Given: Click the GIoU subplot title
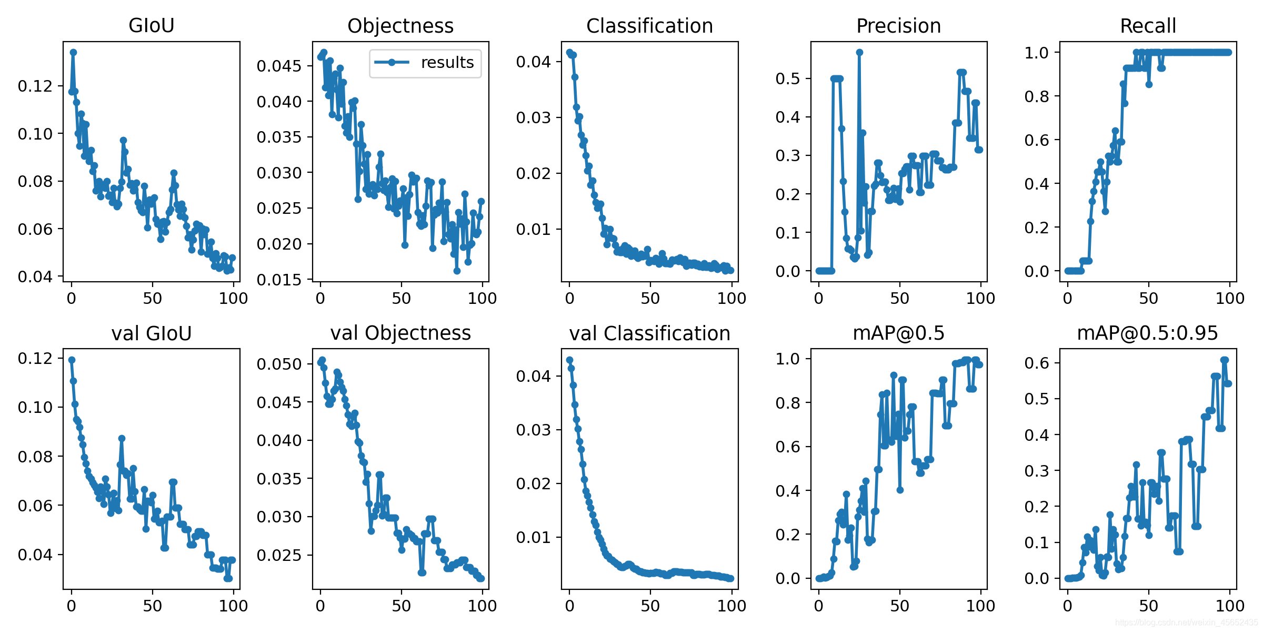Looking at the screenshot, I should click(x=152, y=25).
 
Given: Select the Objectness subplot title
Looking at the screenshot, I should click(x=400, y=25).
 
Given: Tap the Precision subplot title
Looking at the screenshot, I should click(x=898, y=25).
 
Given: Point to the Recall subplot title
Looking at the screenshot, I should click(x=1148, y=25).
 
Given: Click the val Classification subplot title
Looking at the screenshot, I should click(x=649, y=333).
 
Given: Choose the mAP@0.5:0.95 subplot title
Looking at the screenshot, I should click(x=1148, y=333).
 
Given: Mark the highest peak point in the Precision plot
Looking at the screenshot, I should click(x=859, y=52).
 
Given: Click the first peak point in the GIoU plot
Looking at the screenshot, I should click(x=73, y=52).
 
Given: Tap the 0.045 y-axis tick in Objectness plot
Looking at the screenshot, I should click(x=279, y=66).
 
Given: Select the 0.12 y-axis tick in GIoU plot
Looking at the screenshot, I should click(x=35, y=86).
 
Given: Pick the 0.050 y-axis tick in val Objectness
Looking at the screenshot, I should click(x=279, y=364).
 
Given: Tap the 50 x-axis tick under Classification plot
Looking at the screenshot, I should click(x=650, y=299).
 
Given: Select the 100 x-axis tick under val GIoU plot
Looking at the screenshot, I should click(x=233, y=606).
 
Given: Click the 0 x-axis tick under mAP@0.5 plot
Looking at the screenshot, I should click(x=818, y=606).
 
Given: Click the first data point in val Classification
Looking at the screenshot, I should click(x=569, y=360).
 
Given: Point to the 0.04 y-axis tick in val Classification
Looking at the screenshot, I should click(x=533, y=376).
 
